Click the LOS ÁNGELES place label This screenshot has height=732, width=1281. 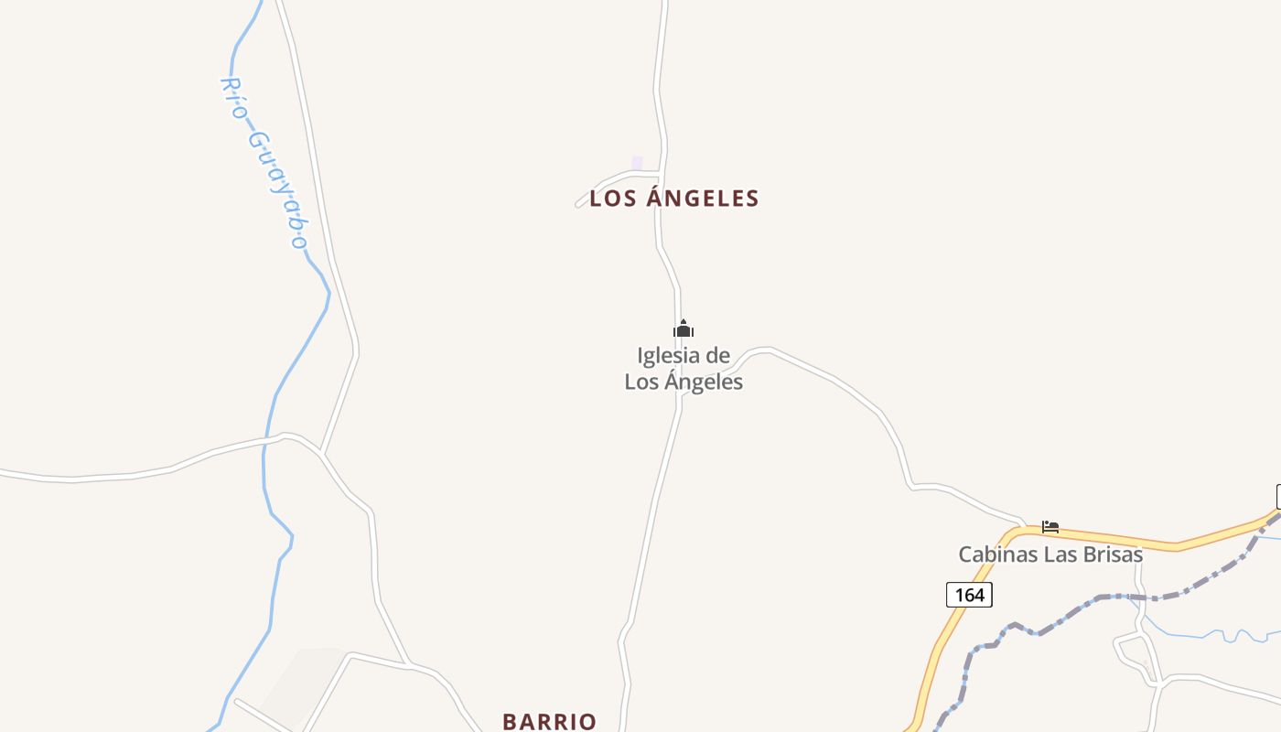pos(674,199)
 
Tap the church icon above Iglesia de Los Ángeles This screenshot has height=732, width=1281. pos(684,329)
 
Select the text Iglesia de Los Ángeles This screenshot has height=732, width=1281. pos(684,369)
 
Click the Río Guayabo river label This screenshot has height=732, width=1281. pos(264,163)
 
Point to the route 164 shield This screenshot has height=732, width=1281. pos(969,595)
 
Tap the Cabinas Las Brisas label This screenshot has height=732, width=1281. pos(1050,554)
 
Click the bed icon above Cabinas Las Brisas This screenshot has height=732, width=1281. pos(1050,527)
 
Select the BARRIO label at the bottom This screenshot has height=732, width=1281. pos(549,721)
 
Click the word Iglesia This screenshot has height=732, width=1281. pos(668,356)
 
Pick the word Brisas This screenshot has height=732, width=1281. pos(1113,554)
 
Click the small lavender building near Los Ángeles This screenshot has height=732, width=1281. pos(637,163)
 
